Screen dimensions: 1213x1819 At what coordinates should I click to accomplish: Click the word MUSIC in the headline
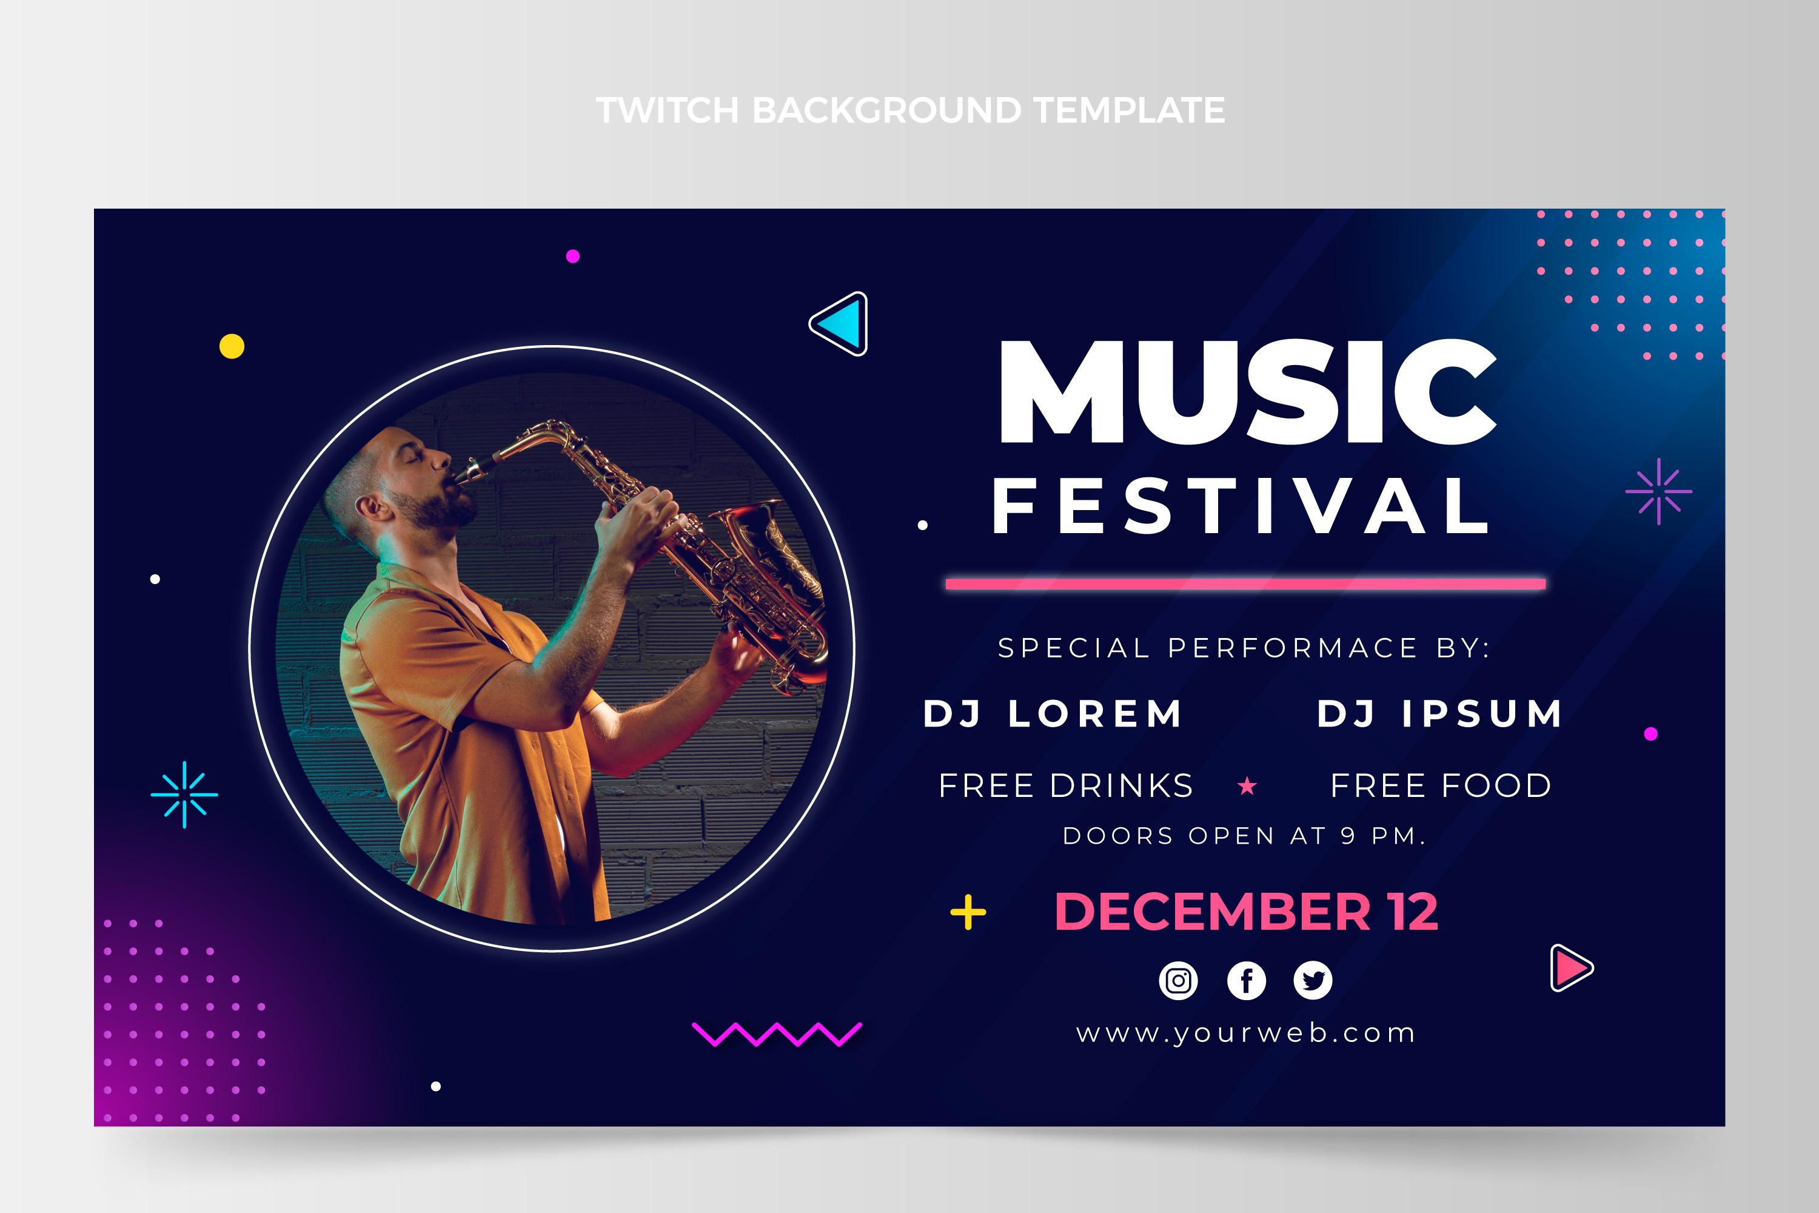(x=1247, y=392)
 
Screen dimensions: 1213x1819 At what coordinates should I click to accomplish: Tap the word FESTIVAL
(x=1241, y=506)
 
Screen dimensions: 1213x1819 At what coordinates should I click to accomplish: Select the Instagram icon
(x=1178, y=981)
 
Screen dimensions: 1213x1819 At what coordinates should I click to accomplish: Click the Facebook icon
(x=1246, y=981)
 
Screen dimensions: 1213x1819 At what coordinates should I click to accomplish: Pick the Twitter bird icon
(x=1313, y=981)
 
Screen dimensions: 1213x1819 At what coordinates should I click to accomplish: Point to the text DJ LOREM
(x=1053, y=713)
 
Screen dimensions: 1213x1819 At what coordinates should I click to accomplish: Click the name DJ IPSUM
(x=1440, y=713)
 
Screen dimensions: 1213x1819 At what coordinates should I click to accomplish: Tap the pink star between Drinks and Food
(x=1247, y=787)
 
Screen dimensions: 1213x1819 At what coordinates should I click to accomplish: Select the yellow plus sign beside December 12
(x=968, y=913)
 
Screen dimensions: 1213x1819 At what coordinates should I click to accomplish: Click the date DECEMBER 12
(x=1246, y=912)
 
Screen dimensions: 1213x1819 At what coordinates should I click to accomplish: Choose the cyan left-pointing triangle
(x=842, y=323)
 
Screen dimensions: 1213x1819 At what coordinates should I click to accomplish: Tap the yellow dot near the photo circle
(x=232, y=346)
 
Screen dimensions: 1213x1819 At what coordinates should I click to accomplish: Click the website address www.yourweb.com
(x=1246, y=1033)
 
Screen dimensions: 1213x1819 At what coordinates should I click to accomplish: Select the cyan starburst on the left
(x=184, y=795)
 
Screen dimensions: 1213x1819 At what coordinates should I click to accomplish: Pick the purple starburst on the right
(x=1658, y=491)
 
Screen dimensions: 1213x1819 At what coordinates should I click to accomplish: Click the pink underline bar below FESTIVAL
(x=1245, y=584)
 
